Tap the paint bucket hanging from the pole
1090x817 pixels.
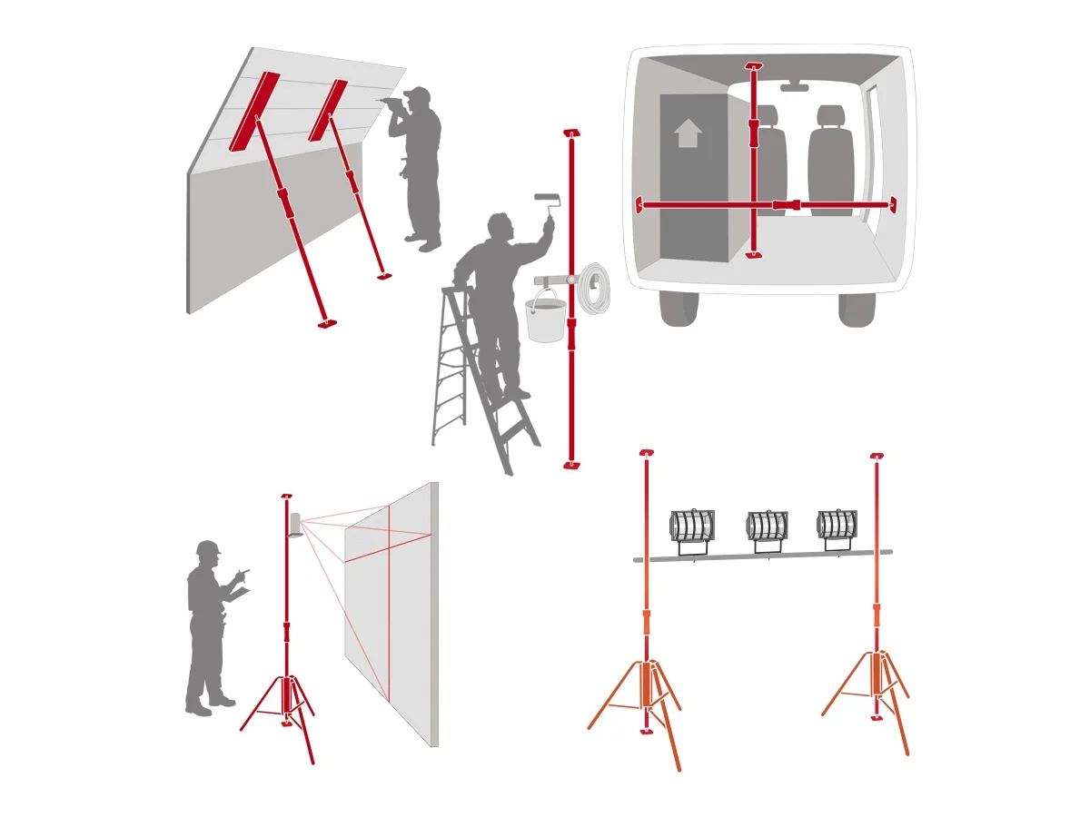point(545,320)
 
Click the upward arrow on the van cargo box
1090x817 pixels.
point(688,133)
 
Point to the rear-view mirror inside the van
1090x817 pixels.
point(794,87)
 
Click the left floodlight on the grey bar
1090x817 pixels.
point(692,527)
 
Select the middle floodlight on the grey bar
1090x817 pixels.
point(768,527)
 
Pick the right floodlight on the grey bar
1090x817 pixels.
point(837,526)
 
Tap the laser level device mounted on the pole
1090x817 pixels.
point(295,525)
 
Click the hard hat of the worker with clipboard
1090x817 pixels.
point(208,547)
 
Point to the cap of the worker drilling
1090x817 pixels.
point(417,94)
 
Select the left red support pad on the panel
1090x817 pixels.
point(253,112)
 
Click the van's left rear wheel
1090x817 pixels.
point(679,309)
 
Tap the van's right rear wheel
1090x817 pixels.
point(857,309)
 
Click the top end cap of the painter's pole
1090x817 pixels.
point(571,133)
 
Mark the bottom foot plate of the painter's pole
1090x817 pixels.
point(571,465)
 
